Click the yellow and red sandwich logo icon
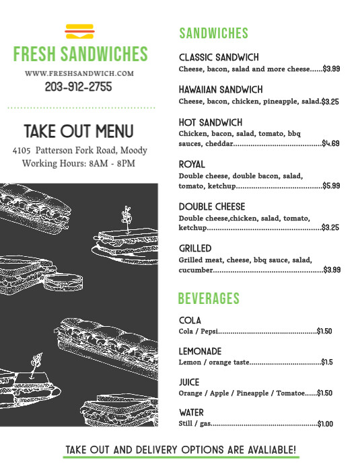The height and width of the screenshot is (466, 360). click(79, 32)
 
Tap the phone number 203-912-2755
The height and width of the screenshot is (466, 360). click(79, 87)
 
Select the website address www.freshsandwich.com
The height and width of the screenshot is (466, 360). click(79, 73)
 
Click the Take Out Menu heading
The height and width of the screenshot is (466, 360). click(79, 131)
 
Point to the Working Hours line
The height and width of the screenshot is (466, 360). click(79, 163)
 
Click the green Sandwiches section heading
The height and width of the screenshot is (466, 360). click(213, 34)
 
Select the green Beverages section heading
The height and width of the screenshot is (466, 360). click(209, 299)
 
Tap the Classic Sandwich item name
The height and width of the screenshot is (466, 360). click(219, 58)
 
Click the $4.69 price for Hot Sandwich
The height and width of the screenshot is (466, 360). click(330, 144)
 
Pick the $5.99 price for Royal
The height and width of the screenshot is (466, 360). click(331, 186)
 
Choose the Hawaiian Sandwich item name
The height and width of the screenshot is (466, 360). click(221, 89)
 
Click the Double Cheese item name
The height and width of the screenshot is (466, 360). click(212, 206)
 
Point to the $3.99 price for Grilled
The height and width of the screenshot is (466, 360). click(332, 270)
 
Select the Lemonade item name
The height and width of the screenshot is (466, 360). click(200, 352)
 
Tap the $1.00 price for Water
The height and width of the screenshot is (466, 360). click(326, 424)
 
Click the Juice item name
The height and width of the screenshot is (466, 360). click(189, 383)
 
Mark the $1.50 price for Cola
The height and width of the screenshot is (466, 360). click(324, 332)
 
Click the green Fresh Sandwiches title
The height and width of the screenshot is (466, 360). click(79, 54)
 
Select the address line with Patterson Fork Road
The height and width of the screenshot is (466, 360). click(79, 151)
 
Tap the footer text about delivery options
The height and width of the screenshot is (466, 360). click(180, 450)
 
